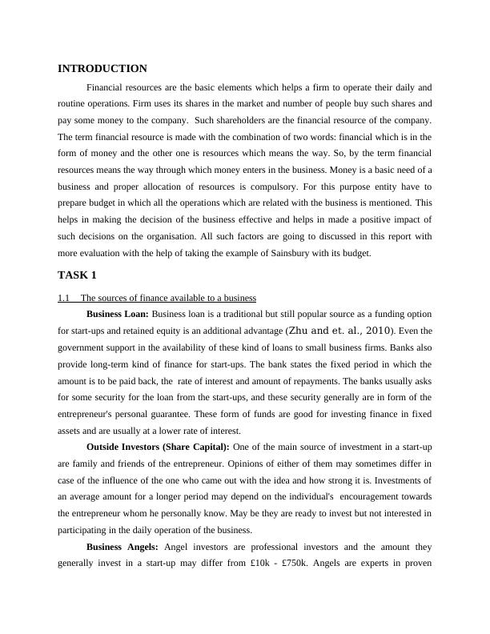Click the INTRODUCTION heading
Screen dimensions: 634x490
[102, 69]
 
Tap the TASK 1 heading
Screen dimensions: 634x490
[77, 275]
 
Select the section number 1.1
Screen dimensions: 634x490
[64, 299]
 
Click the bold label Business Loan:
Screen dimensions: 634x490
[117, 313]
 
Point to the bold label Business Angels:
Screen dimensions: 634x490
[122, 547]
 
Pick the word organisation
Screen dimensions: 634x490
[179, 236]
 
